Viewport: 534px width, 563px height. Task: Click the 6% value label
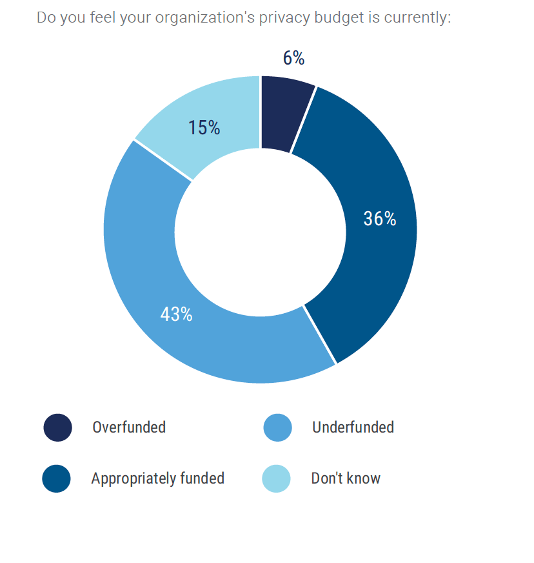293,59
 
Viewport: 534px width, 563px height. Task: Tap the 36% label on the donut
379,220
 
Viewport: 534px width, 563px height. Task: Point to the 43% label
176,314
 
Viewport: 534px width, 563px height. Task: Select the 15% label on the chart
204,128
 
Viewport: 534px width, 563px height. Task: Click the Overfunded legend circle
57,427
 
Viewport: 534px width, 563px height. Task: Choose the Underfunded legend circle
278,427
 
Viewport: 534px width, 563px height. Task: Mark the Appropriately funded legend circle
57,478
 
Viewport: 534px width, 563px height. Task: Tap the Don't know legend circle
277,478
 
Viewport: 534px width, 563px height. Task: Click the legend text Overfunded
129,427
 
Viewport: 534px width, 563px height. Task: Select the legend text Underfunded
353,427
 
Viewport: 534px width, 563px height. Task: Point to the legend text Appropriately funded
157,478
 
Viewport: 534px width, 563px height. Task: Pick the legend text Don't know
346,478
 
